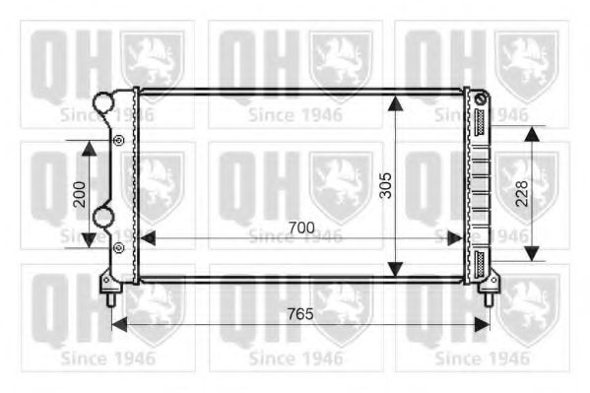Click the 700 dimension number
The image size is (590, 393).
tap(301, 228)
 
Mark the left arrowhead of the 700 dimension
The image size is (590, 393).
tap(148, 237)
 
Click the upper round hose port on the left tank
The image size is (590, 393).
tap(102, 101)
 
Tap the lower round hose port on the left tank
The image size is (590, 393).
tap(103, 216)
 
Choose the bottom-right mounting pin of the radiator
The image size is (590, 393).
tap(488, 292)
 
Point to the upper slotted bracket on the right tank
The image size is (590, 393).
tap(481, 122)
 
